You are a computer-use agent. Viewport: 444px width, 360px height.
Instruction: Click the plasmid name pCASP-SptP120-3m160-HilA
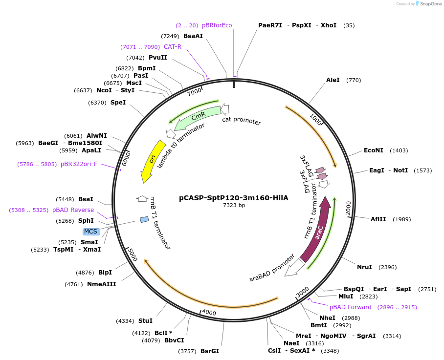pyautogui.click(x=234, y=198)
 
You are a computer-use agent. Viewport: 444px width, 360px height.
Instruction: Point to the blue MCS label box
pyautogui.click(x=91, y=232)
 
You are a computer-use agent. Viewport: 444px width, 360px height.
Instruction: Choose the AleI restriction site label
pyautogui.click(x=333, y=80)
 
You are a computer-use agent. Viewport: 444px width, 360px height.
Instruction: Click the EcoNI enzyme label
pyautogui.click(x=374, y=150)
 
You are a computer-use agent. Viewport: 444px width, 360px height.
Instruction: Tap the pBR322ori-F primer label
pyautogui.click(x=79, y=164)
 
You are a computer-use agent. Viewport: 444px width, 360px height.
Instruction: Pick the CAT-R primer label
pyautogui.click(x=173, y=47)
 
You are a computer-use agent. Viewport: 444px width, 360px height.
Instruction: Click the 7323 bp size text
pyautogui.click(x=234, y=206)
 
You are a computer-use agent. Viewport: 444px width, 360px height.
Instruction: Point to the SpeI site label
pyautogui.click(x=118, y=103)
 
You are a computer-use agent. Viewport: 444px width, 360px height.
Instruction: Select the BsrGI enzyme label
pyautogui.click(x=209, y=351)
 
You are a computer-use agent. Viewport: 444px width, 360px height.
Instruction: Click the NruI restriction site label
pyautogui.click(x=364, y=267)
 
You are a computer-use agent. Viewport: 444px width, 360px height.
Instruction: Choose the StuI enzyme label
pyautogui.click(x=145, y=321)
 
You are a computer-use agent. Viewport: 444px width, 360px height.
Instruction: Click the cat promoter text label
pyautogui.click(x=242, y=121)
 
